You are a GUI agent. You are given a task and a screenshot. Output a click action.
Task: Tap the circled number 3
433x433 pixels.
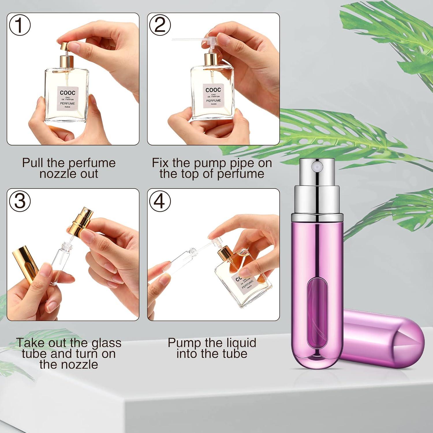(20, 201)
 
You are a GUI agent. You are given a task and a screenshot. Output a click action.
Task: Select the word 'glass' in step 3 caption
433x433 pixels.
(106, 343)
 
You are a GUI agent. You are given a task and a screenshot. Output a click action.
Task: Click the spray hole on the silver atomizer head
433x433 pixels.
(316, 167)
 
